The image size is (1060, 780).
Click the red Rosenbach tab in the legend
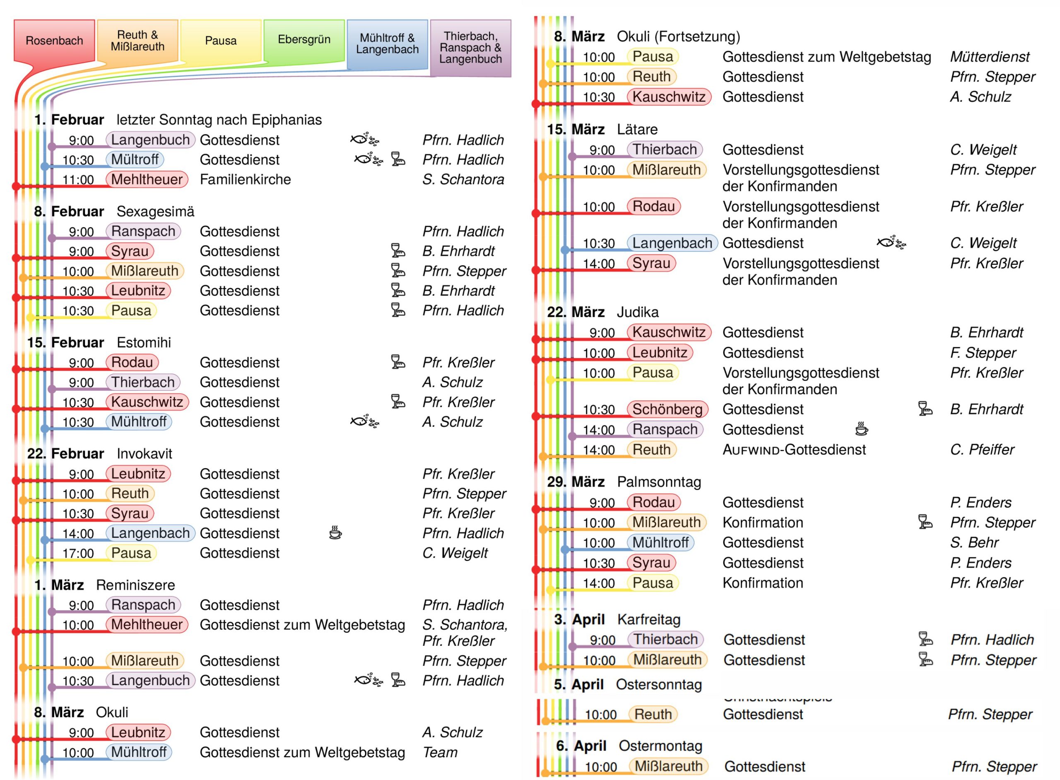coord(54,41)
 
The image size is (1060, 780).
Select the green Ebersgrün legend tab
coord(304,40)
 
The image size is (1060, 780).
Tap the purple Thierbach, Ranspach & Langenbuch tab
coord(470,48)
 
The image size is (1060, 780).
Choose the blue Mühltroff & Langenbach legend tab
coord(387,44)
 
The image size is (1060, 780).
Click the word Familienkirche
coord(245,179)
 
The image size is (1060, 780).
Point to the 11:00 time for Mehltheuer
coord(78,180)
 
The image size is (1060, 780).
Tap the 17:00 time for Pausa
coord(78,554)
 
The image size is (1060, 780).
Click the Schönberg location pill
coord(667,409)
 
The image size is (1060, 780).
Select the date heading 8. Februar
coord(69,212)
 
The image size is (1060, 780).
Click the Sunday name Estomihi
coord(144,342)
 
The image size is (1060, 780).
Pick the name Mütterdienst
coord(990,57)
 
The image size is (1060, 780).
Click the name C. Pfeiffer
coord(982,450)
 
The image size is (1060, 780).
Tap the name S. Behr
coord(974,542)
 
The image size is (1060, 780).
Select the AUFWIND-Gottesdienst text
coord(794,450)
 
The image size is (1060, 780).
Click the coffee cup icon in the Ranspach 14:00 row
coord(862,429)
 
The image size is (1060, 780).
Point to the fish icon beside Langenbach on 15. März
coord(891,243)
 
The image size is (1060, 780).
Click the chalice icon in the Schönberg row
coord(925,408)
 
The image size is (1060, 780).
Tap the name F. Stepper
coord(983,353)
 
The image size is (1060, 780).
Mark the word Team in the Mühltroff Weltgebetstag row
coord(440,752)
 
